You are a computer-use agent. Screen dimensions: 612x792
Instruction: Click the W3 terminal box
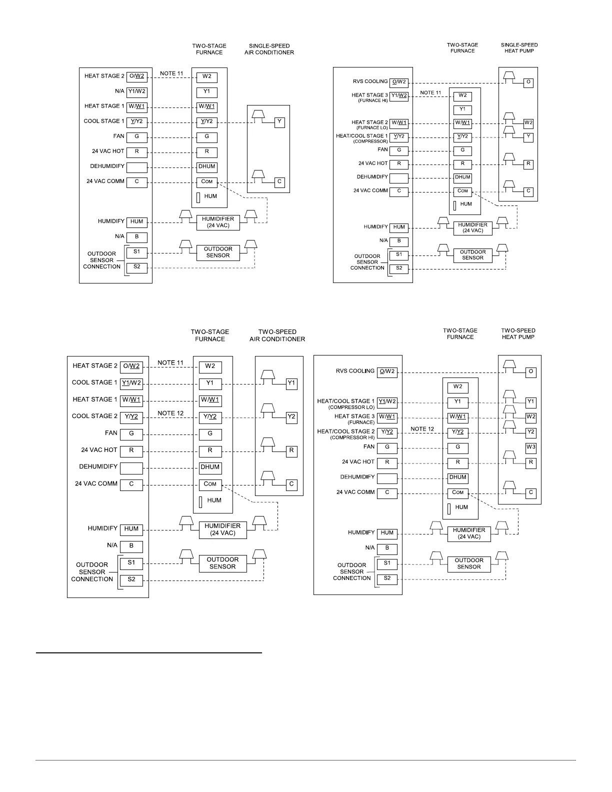tap(530, 447)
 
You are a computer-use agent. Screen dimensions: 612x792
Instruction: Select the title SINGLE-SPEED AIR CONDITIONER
tap(269, 49)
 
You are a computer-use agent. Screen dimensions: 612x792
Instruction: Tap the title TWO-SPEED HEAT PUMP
tap(518, 333)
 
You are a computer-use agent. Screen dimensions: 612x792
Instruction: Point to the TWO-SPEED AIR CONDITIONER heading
tap(277, 335)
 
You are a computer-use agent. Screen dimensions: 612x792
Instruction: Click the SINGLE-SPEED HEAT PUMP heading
tap(519, 47)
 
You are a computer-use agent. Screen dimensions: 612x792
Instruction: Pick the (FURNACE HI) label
tap(372, 100)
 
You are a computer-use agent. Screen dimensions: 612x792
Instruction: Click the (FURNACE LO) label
tap(372, 127)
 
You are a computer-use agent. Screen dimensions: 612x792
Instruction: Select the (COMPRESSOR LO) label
tap(351, 407)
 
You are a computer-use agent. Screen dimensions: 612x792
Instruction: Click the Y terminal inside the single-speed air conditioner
tap(279, 121)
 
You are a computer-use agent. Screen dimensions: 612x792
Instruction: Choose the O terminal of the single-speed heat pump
tap(528, 82)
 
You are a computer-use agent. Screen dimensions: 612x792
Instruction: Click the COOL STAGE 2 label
tap(95, 416)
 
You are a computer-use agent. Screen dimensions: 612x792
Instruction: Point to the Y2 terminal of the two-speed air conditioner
tap(291, 416)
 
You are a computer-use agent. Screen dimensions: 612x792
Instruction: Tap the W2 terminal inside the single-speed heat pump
tap(528, 123)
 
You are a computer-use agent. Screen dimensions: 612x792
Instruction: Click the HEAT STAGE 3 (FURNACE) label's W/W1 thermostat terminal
tap(387, 416)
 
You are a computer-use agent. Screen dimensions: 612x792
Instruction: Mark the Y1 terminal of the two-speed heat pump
tap(530, 401)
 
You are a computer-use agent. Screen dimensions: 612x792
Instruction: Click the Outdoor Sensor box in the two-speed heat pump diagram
tap(469, 563)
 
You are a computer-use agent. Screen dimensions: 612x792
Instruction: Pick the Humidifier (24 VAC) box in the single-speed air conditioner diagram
tap(218, 222)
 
